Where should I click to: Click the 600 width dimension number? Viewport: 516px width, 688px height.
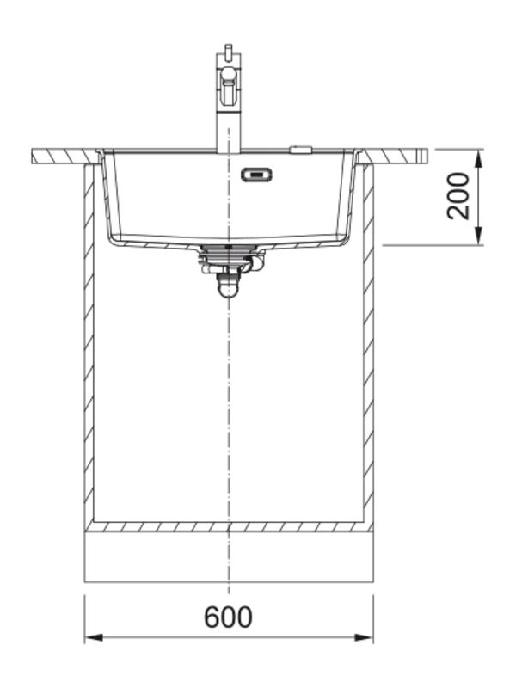pyautogui.click(x=228, y=617)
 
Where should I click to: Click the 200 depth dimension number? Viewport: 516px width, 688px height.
pyautogui.click(x=458, y=196)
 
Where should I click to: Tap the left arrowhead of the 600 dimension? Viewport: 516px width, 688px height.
pyautogui.click(x=94, y=637)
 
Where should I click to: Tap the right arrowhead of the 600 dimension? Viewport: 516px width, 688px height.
pyautogui.click(x=364, y=637)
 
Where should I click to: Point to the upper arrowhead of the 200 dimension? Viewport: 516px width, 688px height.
pyautogui.click(x=479, y=158)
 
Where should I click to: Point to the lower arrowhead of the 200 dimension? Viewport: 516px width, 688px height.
pyautogui.click(x=479, y=236)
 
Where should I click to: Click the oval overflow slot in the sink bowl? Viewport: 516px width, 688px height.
pyautogui.click(x=256, y=175)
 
